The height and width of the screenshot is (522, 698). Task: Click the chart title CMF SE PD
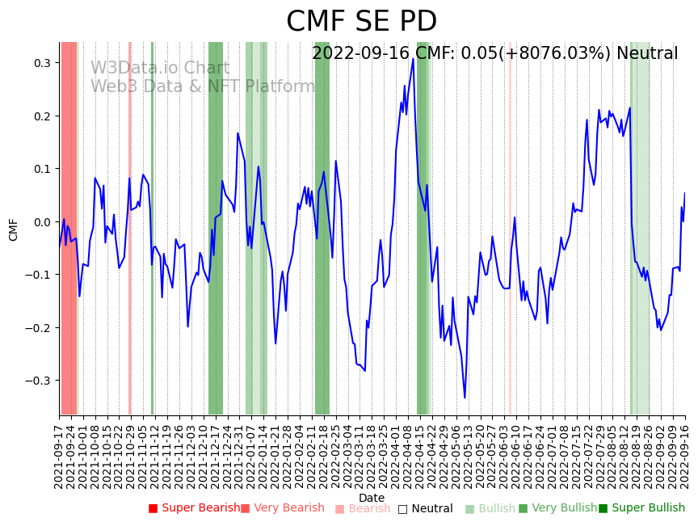point(361,22)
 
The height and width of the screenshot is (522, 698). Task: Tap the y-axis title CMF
point(14,229)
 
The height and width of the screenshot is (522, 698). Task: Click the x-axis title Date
point(372,498)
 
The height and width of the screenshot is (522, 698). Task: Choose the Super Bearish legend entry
point(195,508)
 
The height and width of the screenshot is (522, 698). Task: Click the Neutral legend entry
point(426,508)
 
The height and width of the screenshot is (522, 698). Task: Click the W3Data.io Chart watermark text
point(159,68)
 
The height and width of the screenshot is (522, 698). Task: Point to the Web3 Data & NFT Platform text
point(202,86)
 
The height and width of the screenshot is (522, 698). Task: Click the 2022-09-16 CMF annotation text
point(494,54)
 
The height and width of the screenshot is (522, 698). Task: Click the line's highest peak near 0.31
point(413,58)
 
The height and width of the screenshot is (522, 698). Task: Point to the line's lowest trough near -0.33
point(465,398)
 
